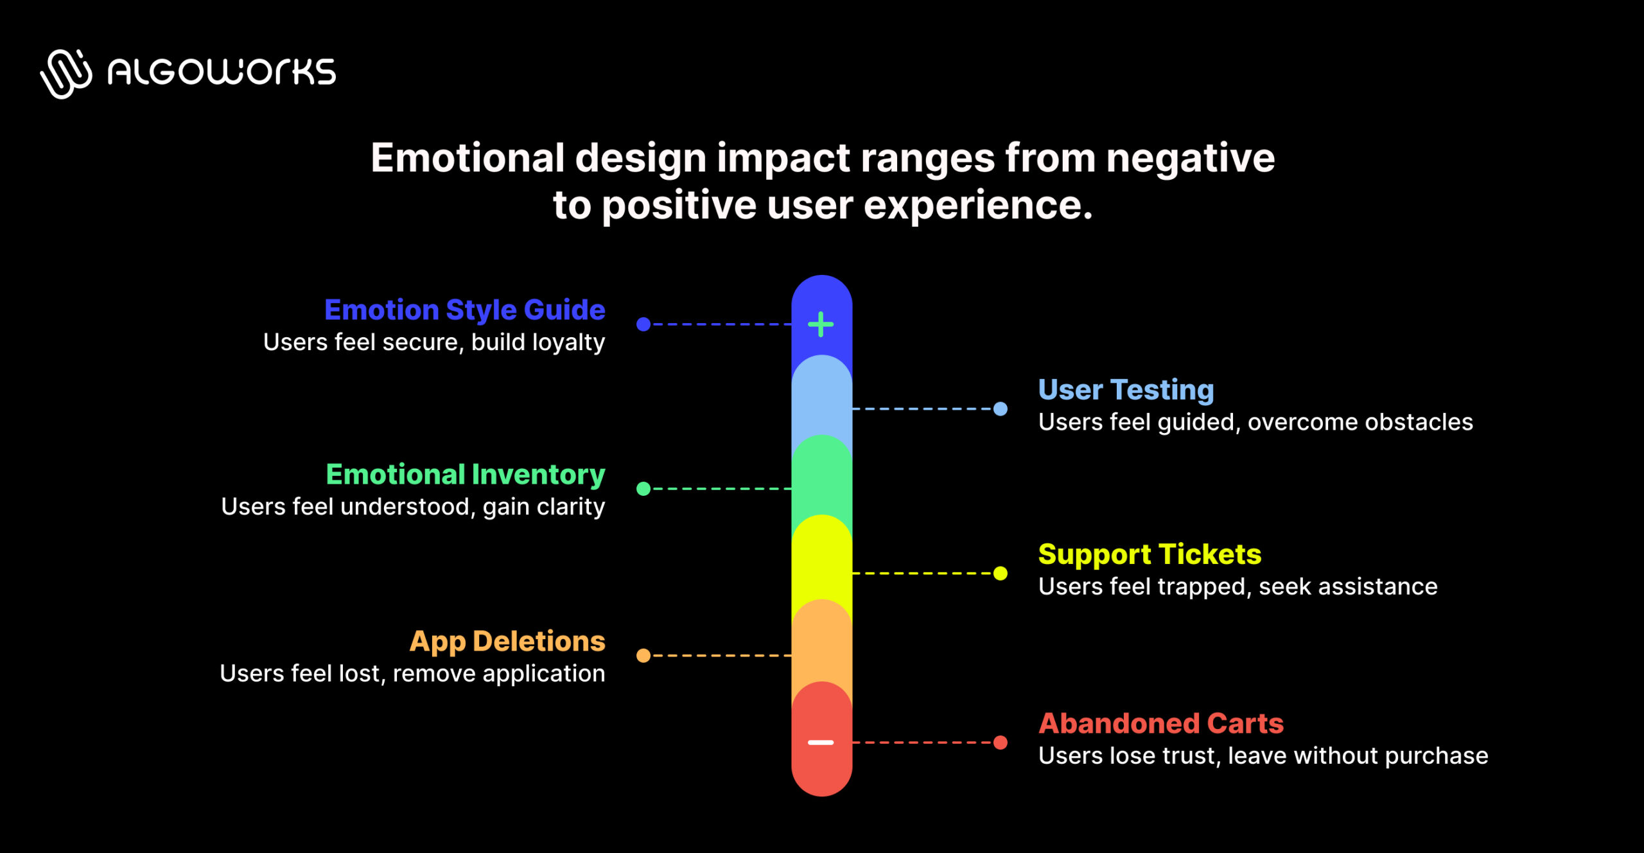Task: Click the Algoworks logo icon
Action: click(66, 73)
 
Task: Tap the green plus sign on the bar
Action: click(821, 324)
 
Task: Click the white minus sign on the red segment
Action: click(821, 743)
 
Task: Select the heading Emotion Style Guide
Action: click(464, 310)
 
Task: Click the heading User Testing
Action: click(1126, 390)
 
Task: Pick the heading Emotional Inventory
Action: click(465, 475)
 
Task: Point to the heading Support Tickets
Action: click(1150, 554)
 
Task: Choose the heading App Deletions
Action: click(507, 641)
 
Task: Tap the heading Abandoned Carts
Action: click(1161, 724)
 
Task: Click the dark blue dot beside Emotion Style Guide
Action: click(643, 324)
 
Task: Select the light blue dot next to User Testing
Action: click(1001, 409)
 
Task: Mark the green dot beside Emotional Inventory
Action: click(643, 489)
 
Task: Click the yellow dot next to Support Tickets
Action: click(1001, 573)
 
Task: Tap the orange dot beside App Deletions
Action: click(643, 655)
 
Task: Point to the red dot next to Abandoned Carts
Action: click(1001, 743)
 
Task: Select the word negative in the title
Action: click(1190, 158)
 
